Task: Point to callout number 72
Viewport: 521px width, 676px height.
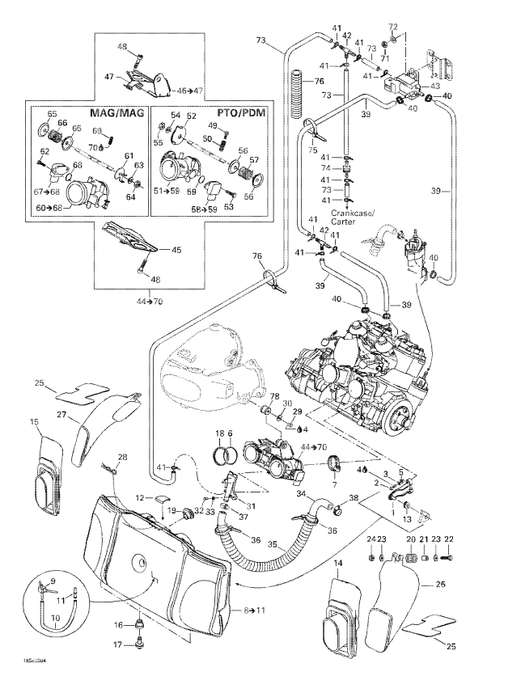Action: [393, 27]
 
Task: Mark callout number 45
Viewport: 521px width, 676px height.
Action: [176, 250]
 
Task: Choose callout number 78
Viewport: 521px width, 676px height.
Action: [275, 397]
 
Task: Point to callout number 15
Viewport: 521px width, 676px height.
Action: [35, 422]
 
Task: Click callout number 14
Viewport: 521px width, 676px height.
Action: [337, 562]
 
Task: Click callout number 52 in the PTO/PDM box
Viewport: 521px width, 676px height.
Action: [192, 116]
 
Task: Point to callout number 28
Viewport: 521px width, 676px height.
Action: [123, 457]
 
